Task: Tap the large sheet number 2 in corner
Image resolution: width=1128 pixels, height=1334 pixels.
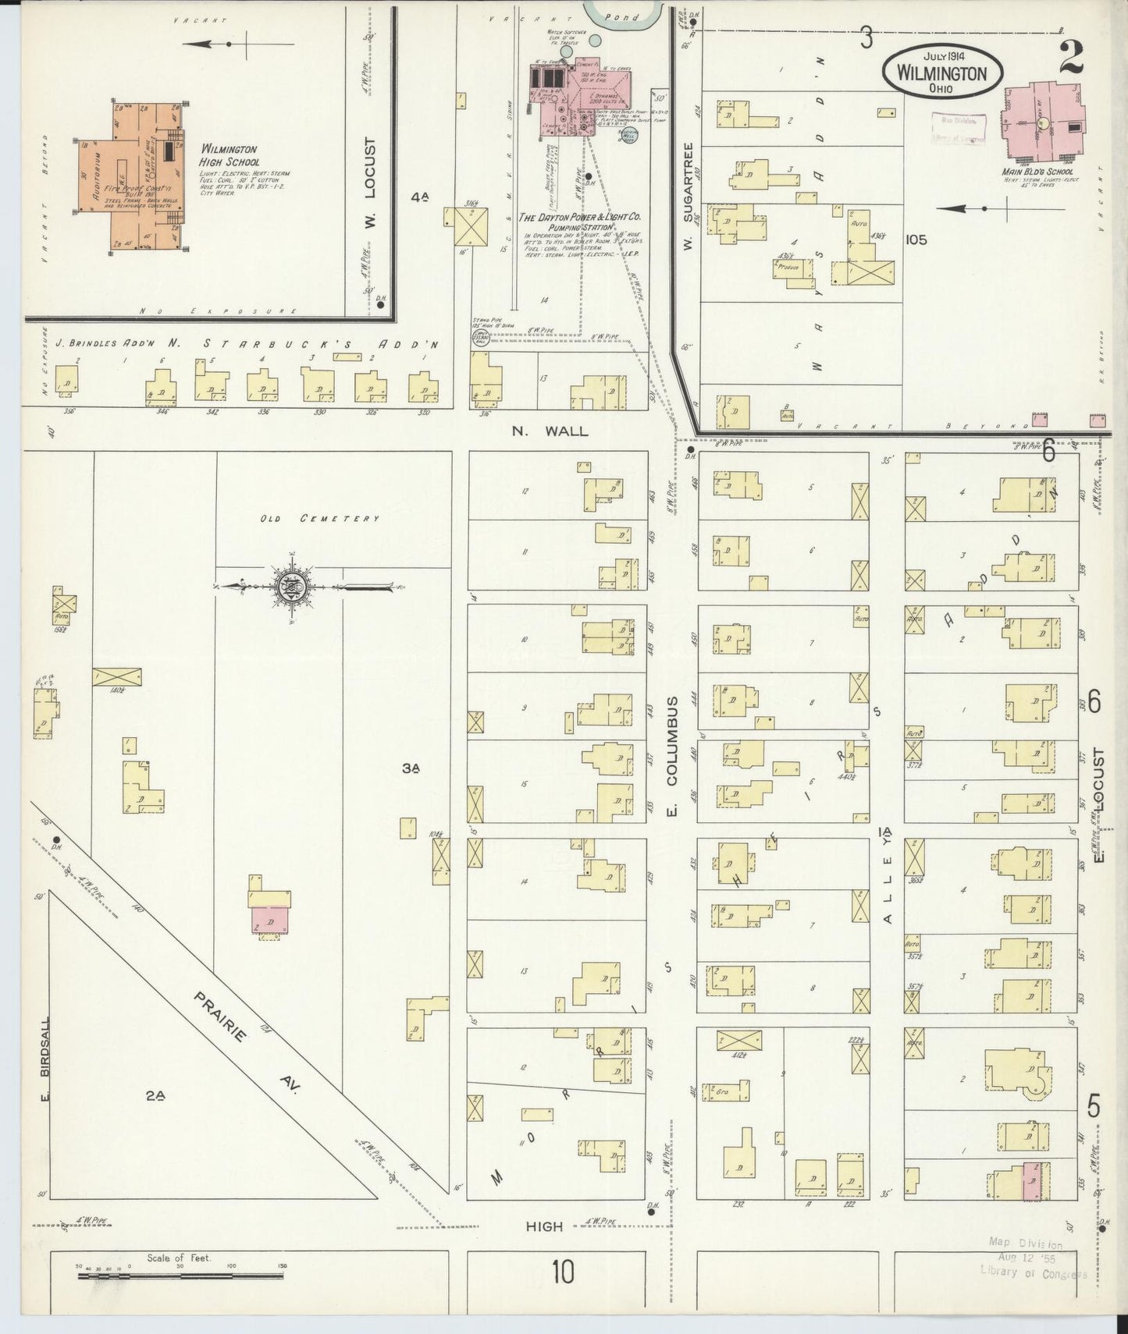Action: (1072, 57)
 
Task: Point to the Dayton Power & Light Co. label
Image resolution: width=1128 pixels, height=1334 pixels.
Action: (583, 220)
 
